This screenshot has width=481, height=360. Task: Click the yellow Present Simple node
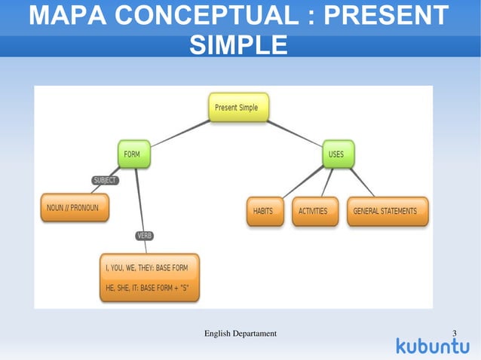tap(237, 108)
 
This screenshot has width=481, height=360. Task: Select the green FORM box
tap(132, 154)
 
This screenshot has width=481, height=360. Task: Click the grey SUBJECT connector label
tap(105, 180)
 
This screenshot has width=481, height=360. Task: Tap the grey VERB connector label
tap(144, 236)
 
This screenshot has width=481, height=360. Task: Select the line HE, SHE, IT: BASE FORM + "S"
tap(149, 287)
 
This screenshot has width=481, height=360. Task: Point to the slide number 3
tap(455, 333)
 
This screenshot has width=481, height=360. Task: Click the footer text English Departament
tap(240, 333)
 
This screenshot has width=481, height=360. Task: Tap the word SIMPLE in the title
tap(237, 44)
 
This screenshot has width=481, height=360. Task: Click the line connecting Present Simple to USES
tap(296, 132)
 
